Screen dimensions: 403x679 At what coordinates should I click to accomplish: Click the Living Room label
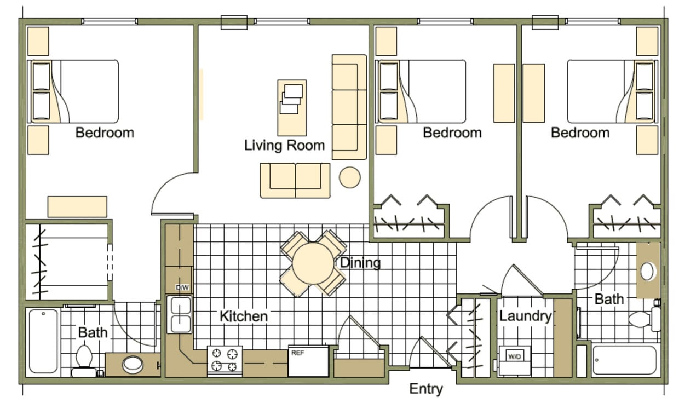(x=284, y=146)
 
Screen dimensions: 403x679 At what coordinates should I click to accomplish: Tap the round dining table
(x=313, y=263)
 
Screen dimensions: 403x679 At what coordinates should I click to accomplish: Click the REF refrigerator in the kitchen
(x=308, y=361)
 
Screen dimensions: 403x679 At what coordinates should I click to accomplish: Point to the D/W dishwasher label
(x=182, y=287)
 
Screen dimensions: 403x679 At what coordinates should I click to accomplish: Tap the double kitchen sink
(x=180, y=315)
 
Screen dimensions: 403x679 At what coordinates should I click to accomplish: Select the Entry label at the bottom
(x=425, y=389)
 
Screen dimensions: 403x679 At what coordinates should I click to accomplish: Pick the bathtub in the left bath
(x=43, y=341)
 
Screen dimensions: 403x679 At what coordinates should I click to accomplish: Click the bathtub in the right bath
(x=624, y=360)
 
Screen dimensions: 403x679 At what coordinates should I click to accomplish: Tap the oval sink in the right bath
(x=648, y=272)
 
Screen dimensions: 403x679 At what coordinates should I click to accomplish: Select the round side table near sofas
(x=349, y=177)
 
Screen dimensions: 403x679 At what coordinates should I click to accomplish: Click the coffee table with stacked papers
(x=291, y=107)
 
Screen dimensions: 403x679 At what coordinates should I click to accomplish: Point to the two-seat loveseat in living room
(x=295, y=180)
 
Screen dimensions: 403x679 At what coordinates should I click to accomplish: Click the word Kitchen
(x=244, y=316)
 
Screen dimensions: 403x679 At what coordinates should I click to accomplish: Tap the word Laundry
(x=525, y=316)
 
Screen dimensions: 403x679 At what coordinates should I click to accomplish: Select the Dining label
(x=360, y=263)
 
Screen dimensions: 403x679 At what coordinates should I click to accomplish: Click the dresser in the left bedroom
(x=77, y=206)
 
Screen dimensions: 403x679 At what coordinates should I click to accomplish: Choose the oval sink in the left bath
(x=133, y=364)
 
